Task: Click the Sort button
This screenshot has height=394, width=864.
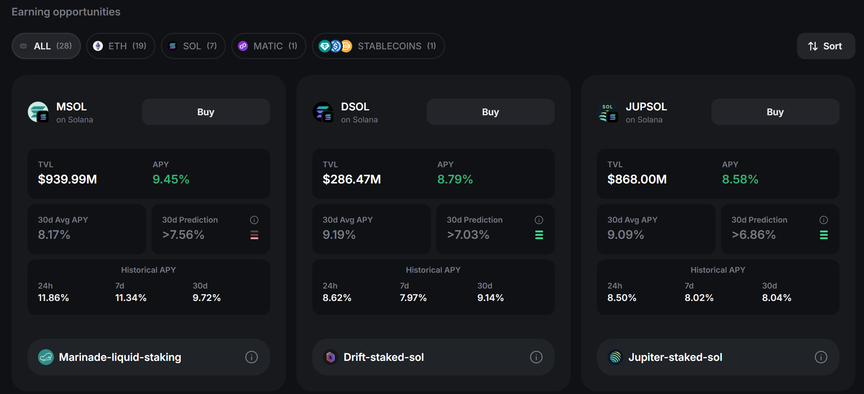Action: tap(826, 46)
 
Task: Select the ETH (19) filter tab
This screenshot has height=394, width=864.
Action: tap(121, 46)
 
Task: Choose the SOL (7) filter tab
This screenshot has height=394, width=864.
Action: tap(193, 46)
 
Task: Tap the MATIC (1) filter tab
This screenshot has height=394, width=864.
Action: tap(269, 46)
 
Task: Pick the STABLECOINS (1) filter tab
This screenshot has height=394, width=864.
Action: tap(378, 46)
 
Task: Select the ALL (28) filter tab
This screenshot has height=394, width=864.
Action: tap(46, 46)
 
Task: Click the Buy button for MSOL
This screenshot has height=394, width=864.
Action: tap(206, 112)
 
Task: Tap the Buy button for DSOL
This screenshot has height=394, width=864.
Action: tap(490, 112)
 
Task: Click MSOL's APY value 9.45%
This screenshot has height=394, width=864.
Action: tap(171, 179)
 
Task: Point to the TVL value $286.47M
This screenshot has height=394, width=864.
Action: tap(351, 179)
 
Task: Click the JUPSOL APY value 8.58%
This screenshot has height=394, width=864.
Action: tap(740, 179)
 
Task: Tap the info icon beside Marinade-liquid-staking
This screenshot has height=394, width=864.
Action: tap(251, 357)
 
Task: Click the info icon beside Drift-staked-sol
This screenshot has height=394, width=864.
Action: tap(536, 357)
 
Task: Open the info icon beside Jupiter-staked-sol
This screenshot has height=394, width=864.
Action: tap(821, 357)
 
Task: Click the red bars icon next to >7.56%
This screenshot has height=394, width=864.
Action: tap(254, 235)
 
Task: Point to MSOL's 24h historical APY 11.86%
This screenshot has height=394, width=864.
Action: tap(53, 298)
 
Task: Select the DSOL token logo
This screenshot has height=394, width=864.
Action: tap(323, 112)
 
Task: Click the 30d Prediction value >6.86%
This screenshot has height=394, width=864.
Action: tap(753, 235)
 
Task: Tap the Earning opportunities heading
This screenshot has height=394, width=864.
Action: tap(66, 12)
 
